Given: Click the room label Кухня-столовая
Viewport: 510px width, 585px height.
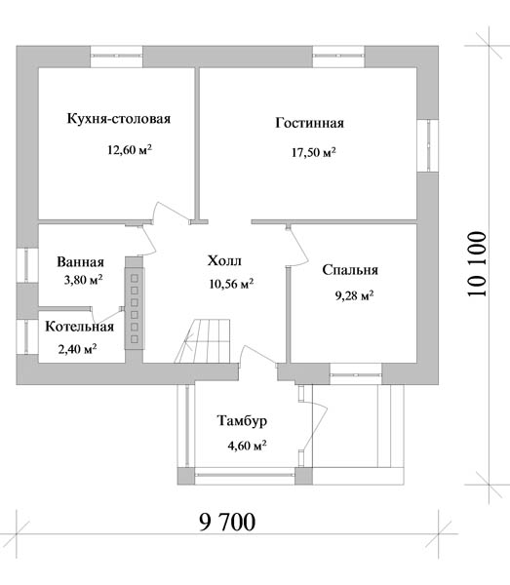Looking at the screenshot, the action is click(x=119, y=119).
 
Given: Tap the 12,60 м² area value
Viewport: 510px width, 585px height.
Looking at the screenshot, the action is click(x=130, y=149).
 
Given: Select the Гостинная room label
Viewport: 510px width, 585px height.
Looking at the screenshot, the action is click(x=310, y=123).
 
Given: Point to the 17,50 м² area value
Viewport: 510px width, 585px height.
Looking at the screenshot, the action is click(x=314, y=152).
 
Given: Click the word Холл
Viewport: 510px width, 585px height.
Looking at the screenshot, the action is click(x=224, y=260).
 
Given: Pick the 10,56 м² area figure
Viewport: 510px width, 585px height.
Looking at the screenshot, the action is click(x=232, y=284).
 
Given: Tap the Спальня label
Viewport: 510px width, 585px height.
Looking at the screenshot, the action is click(x=350, y=270).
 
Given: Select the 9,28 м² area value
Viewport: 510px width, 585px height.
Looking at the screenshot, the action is click(x=354, y=295).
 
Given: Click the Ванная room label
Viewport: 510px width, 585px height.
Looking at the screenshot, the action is click(x=80, y=262).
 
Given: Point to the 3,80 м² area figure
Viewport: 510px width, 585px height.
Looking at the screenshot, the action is click(x=83, y=280).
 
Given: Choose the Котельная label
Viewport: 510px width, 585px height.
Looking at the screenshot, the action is click(x=79, y=327).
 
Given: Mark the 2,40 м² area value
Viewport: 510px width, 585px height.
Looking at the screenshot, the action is click(x=78, y=349).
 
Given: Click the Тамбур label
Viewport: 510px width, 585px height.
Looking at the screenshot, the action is click(x=242, y=421).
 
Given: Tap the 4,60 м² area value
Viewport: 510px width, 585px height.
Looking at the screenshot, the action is click(x=247, y=446).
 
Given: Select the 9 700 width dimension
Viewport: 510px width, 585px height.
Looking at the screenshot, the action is click(x=227, y=522).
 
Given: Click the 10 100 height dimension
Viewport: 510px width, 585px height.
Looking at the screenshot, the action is click(x=478, y=264).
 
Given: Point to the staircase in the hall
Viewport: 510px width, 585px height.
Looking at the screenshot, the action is click(x=202, y=340).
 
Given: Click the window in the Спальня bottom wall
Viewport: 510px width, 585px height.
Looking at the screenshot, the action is click(x=356, y=373).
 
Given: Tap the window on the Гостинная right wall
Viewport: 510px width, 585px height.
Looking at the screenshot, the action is click(x=427, y=145).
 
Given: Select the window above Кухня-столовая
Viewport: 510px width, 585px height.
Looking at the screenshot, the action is click(x=116, y=57).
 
